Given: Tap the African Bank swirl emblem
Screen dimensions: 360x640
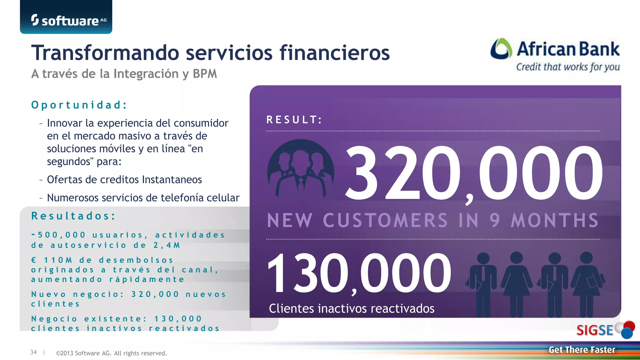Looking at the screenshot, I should click(x=501, y=49).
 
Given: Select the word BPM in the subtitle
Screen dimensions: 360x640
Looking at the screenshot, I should click(x=205, y=74).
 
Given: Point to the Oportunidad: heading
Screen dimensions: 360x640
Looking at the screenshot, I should click(x=79, y=105).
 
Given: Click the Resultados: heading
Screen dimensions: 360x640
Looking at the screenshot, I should click(x=73, y=216).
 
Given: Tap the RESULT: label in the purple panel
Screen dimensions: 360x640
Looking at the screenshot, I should click(x=294, y=120).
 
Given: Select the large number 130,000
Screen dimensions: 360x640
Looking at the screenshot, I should click(x=359, y=273).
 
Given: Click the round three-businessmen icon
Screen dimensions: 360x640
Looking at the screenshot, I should click(x=301, y=169).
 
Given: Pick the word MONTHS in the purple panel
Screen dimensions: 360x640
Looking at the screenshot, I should click(x=555, y=220).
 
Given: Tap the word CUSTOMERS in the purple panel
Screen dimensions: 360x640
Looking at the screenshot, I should click(x=385, y=220).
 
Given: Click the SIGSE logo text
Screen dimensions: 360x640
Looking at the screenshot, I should click(x=595, y=330).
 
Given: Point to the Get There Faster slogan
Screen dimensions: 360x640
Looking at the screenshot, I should click(x=582, y=350).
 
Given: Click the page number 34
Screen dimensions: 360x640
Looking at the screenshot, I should click(x=33, y=352).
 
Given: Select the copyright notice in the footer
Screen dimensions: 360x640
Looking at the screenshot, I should click(x=111, y=353).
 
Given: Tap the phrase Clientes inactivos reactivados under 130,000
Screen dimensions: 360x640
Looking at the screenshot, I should click(x=352, y=308).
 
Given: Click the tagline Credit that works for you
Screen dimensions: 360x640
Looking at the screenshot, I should click(x=568, y=67).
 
